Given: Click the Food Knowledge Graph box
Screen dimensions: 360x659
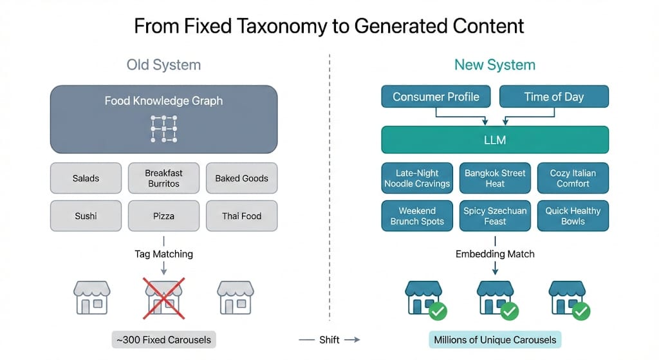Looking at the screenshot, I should click(x=163, y=120).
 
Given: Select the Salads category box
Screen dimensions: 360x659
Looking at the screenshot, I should click(x=86, y=178).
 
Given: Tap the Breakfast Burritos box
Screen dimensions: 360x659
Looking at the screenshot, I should click(x=163, y=178).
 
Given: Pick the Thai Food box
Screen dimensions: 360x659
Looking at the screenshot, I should click(x=241, y=216).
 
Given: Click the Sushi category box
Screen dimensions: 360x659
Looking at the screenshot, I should click(x=86, y=216).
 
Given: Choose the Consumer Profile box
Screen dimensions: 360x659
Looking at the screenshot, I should click(x=436, y=97).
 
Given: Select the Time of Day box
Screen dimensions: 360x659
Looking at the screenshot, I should click(x=553, y=97).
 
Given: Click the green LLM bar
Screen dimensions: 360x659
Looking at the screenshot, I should click(x=494, y=140).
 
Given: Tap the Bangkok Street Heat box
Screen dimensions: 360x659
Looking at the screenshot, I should click(x=495, y=178).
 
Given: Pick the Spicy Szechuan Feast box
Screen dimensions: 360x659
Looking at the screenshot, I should click(x=495, y=216).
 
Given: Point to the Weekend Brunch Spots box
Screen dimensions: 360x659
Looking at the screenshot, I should click(x=417, y=216).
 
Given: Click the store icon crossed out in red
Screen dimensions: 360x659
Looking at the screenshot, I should click(x=164, y=298).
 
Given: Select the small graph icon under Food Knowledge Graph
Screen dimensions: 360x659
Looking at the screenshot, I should click(x=163, y=129).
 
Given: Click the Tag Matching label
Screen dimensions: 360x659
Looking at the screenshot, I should click(x=163, y=254).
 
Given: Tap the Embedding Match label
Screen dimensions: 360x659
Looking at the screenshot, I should click(x=495, y=254).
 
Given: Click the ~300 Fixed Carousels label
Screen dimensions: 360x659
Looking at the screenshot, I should click(x=163, y=339).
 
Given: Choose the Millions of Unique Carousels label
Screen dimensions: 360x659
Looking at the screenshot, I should click(x=495, y=339).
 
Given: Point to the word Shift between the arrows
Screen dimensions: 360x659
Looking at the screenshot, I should click(x=329, y=339).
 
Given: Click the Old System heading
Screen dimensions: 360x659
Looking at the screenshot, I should click(x=163, y=65).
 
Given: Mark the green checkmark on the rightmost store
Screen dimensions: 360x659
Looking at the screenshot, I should click(x=581, y=312).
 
